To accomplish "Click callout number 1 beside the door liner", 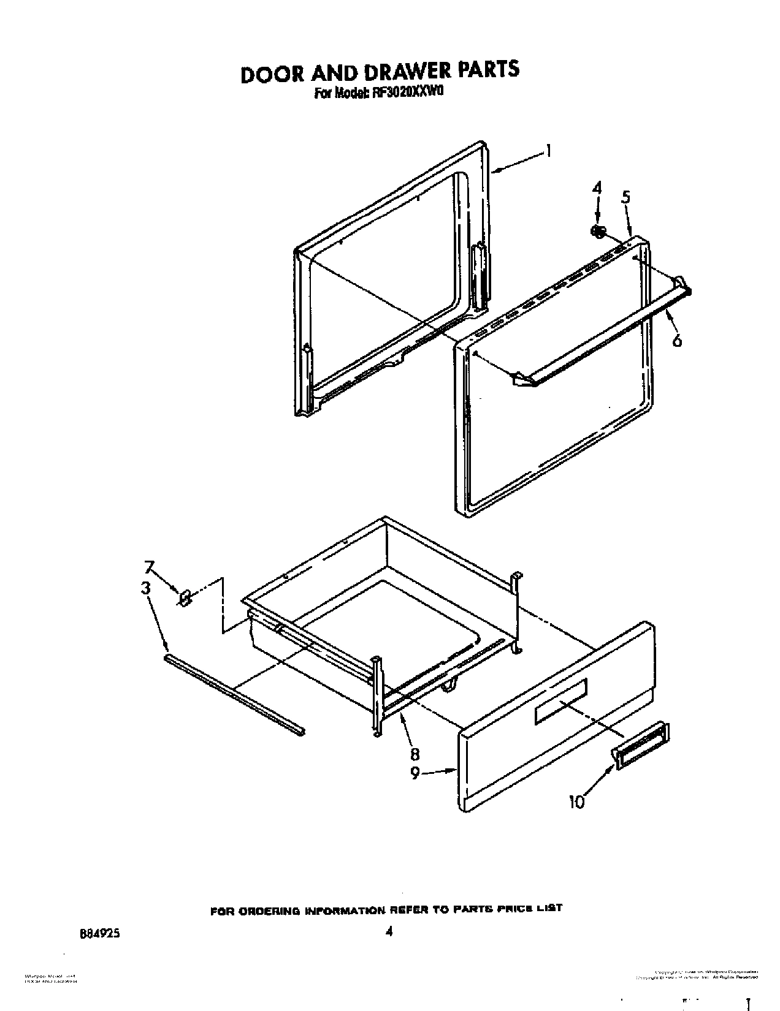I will pyautogui.click(x=549, y=151).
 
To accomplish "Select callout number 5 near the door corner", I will pyautogui.click(x=625, y=197).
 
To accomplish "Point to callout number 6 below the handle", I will pyautogui.click(x=676, y=341).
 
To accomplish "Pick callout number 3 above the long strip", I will pyautogui.click(x=145, y=588).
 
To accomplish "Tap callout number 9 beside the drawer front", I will pyautogui.click(x=415, y=773).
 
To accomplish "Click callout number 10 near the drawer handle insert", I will pyautogui.click(x=576, y=801).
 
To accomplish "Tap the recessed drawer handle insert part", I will pyautogui.click(x=641, y=745).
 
